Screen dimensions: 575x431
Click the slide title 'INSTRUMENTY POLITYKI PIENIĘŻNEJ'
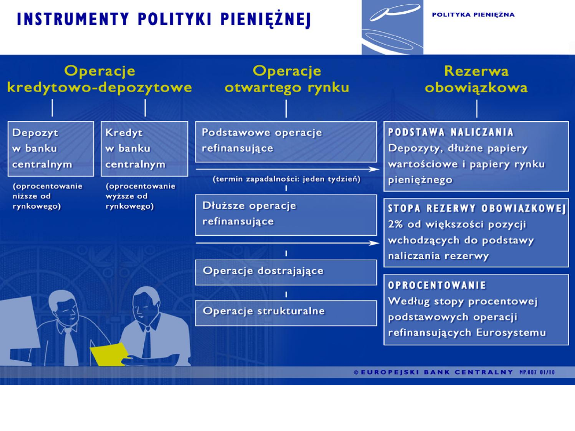(163, 20)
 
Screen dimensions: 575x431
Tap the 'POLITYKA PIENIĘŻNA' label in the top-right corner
(473, 15)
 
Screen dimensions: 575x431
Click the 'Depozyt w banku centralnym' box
(51, 149)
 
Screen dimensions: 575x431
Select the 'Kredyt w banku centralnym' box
(144, 149)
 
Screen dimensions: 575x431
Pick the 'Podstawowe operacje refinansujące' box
(286, 142)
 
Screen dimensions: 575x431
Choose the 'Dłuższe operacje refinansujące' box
(286, 215)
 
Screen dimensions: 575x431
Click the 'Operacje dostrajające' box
(286, 272)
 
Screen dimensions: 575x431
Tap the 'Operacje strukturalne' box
(286, 313)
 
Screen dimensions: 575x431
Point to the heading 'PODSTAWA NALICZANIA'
(451, 132)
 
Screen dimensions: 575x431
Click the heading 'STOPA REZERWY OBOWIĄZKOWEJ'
(477, 209)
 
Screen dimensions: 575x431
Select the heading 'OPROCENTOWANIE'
(437, 285)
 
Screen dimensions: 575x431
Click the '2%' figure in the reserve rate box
(396, 224)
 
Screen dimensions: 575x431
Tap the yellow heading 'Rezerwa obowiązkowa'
(476, 79)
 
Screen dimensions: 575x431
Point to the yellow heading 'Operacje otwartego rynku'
(287, 79)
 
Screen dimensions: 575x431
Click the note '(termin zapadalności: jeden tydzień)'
(286, 179)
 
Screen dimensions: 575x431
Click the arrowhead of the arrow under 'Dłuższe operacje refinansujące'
(375, 243)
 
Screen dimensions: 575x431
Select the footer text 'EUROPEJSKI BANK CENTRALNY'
(437, 372)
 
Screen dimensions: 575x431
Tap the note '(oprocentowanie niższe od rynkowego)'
(48, 196)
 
